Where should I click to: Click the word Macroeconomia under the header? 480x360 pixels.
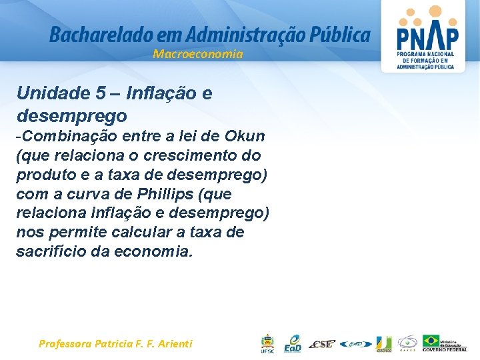pyautogui.click(x=197, y=54)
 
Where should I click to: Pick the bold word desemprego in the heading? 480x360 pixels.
pyautogui.click(x=71, y=115)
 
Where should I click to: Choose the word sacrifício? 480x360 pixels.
pyautogui.click(x=50, y=252)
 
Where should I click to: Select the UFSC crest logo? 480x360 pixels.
pyautogui.click(x=267, y=343)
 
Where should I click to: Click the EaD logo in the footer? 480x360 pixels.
pyautogui.click(x=293, y=343)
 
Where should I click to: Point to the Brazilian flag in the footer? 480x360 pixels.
pyautogui.click(x=431, y=340)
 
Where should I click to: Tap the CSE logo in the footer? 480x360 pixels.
pyautogui.click(x=323, y=344)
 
